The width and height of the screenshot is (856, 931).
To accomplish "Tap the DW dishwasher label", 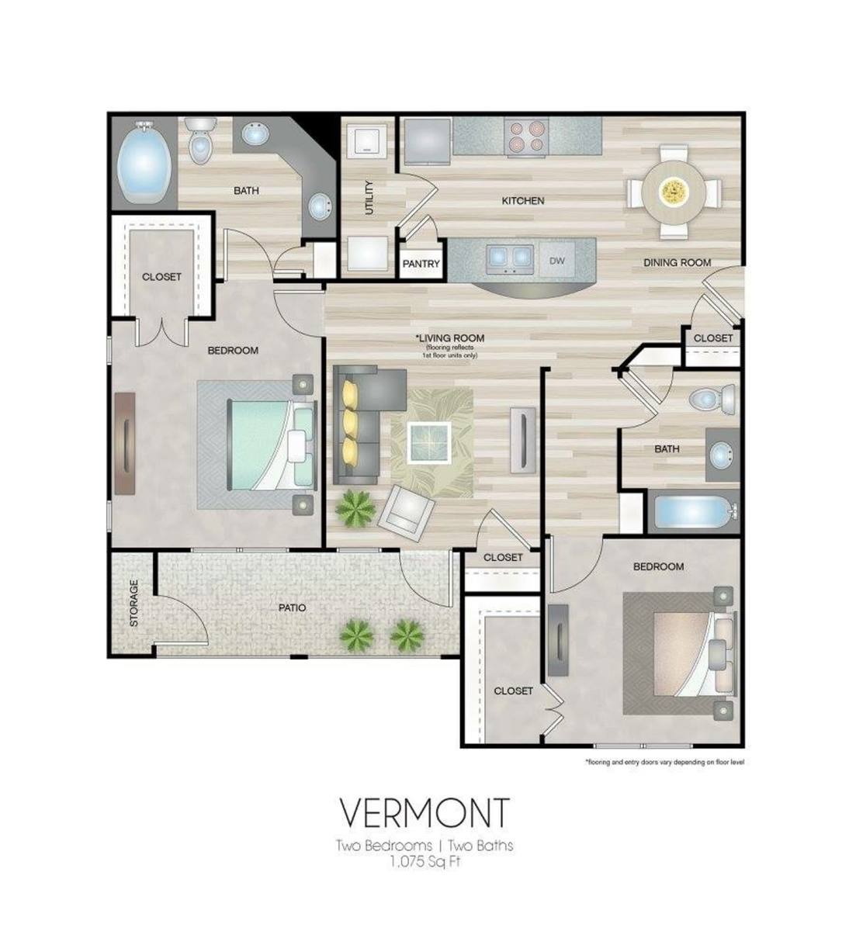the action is point(556,261).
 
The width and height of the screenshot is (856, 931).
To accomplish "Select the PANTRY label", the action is point(421,264).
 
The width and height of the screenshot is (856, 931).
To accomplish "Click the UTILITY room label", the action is point(369,198).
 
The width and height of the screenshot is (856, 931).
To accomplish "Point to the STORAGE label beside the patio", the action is point(133,604).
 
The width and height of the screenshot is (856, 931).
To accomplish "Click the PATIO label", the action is point(292,607).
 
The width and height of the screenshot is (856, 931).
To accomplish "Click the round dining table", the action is point(674,190).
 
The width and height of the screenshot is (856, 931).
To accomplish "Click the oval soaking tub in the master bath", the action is point(144,162).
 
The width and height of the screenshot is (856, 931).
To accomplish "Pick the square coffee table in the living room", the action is point(429,442).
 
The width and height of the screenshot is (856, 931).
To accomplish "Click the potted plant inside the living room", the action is point(355,509).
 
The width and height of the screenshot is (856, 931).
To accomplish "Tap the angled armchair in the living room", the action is point(407,512).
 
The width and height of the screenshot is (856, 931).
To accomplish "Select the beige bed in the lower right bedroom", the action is point(694,655).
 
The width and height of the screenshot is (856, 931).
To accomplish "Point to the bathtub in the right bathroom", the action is point(692,513).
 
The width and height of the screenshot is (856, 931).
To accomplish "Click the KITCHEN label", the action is point(523,201).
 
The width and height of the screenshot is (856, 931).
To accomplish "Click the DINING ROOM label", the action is point(677,263).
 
